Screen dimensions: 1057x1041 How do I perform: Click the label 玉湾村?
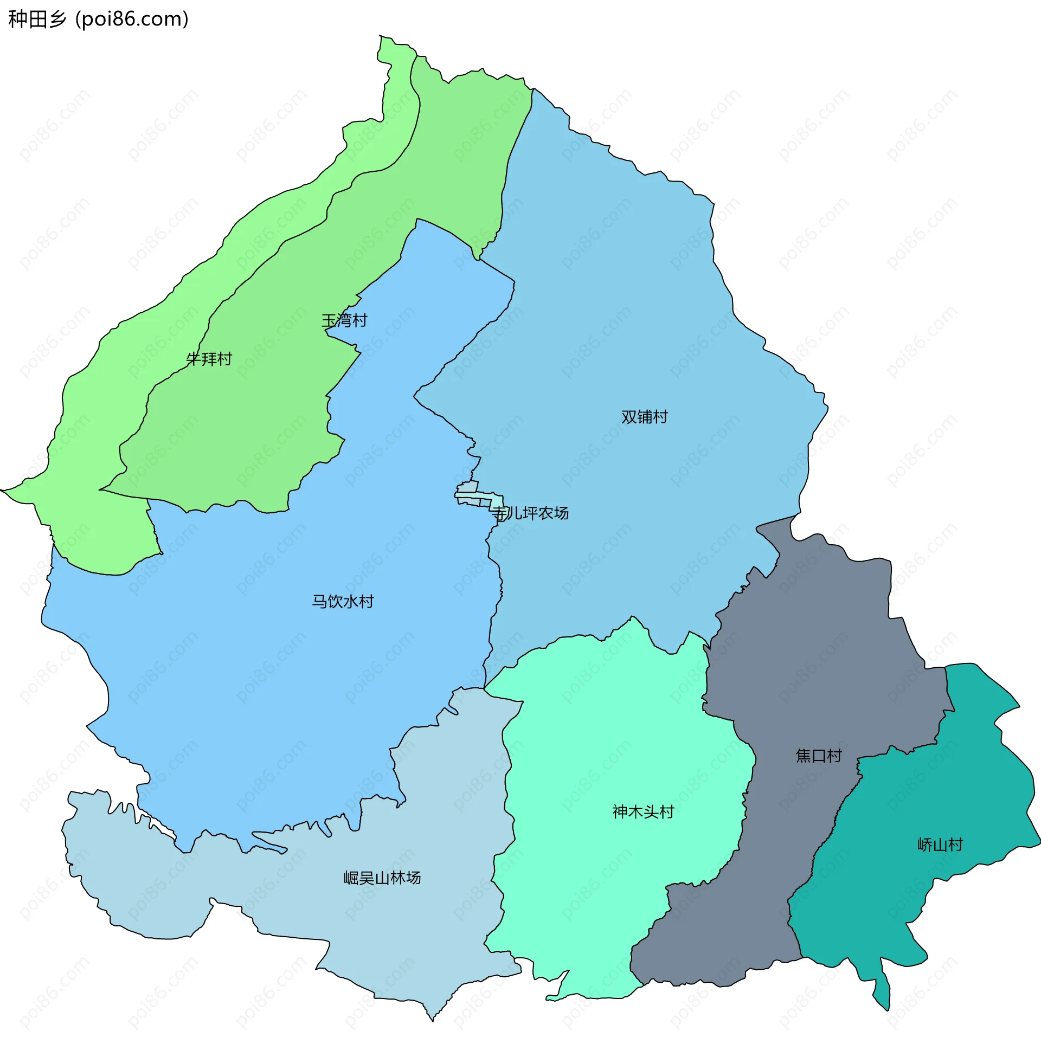pyautogui.click(x=344, y=320)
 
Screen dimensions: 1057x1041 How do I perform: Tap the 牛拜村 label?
pyautogui.click(x=209, y=359)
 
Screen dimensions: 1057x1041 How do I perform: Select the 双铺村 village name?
pyautogui.click(x=644, y=417)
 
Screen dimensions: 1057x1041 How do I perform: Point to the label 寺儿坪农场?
pyautogui.click(x=530, y=513)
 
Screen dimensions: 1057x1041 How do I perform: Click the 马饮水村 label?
pyautogui.click(x=343, y=601)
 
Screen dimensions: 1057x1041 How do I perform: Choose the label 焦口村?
pyautogui.click(x=818, y=756)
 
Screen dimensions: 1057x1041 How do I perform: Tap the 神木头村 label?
pyautogui.click(x=643, y=811)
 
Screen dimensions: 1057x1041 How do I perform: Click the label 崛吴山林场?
pyautogui.click(x=382, y=878)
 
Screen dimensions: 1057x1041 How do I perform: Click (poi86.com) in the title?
pyautogui.click(x=132, y=19)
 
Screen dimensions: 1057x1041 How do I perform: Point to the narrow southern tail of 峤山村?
pyautogui.click(x=882, y=992)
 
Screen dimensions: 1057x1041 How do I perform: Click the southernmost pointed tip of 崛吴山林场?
pyautogui.click(x=433, y=1020)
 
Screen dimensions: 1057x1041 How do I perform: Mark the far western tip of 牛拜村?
pyautogui.click(x=4, y=490)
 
